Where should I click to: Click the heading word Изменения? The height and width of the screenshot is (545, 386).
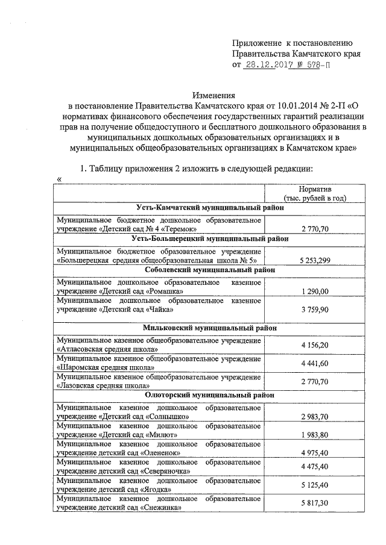pyautogui.click(x=214, y=95)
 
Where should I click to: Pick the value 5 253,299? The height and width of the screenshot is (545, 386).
pyautogui.click(x=315, y=260)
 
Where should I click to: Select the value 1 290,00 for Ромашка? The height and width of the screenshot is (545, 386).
pyautogui.click(x=315, y=291)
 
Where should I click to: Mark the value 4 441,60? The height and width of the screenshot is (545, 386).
pyautogui.click(x=315, y=364)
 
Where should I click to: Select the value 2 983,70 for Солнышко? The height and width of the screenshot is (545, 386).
pyautogui.click(x=315, y=417)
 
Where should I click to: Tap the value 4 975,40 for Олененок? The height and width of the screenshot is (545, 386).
pyautogui.click(x=315, y=452)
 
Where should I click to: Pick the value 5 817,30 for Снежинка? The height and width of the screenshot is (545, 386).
pyautogui.click(x=315, y=503)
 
